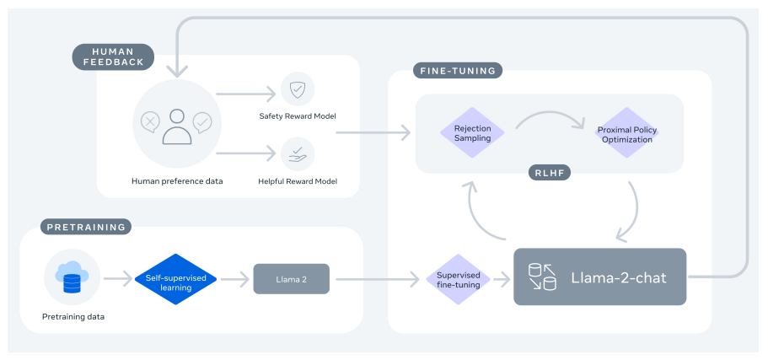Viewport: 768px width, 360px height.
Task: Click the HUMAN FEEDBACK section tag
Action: pos(113,56)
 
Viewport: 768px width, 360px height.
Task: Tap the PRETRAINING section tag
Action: pos(85,227)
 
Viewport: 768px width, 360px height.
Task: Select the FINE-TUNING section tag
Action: pos(457,71)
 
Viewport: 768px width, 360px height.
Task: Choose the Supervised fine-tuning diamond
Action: pos(459,279)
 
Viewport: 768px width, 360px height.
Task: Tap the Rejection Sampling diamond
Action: pos(472,132)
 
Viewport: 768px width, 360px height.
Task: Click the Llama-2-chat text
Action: pos(618,277)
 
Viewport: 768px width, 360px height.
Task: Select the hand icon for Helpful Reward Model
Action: pos(297,153)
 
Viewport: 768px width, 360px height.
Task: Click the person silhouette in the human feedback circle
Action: pos(177,126)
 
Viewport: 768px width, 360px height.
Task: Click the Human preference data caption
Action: pos(177,180)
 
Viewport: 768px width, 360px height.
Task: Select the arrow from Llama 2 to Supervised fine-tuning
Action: pos(374,278)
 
